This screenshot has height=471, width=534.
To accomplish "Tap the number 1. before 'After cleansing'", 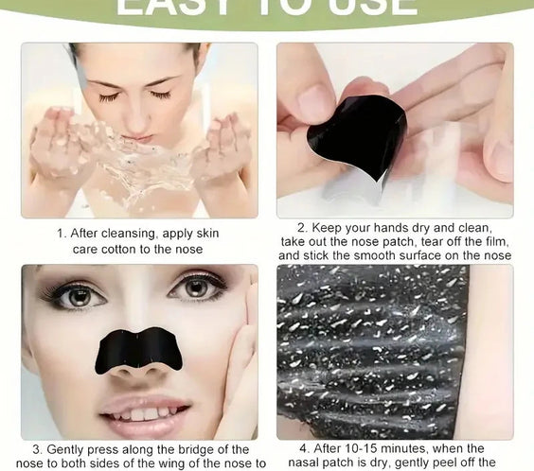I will click(x=61, y=233).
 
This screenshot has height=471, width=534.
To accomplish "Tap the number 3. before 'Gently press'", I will click(x=37, y=449).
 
